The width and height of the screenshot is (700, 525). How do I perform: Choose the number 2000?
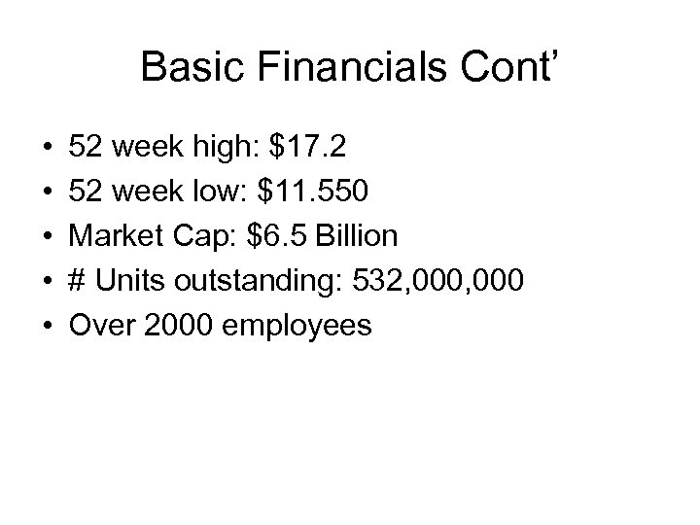(179, 325)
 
